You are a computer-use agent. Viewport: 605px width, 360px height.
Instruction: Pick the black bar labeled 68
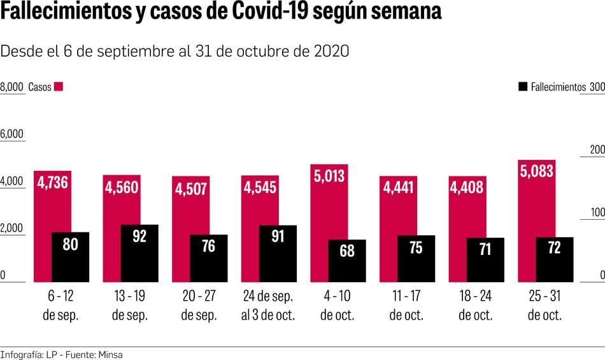(x=347, y=261)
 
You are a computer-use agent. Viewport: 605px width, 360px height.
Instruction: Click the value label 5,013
(x=329, y=175)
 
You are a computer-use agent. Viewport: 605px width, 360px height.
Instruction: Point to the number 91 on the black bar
(x=278, y=236)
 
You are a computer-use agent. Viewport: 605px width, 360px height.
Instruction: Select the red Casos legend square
(x=59, y=87)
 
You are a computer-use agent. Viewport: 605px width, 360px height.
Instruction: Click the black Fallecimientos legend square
(x=523, y=87)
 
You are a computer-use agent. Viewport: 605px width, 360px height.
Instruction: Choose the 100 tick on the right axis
(x=597, y=213)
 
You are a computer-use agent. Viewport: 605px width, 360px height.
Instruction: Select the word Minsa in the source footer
(x=110, y=354)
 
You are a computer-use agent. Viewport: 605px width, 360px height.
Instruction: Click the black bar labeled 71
(x=485, y=260)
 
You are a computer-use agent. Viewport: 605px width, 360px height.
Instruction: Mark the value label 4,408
(x=467, y=187)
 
